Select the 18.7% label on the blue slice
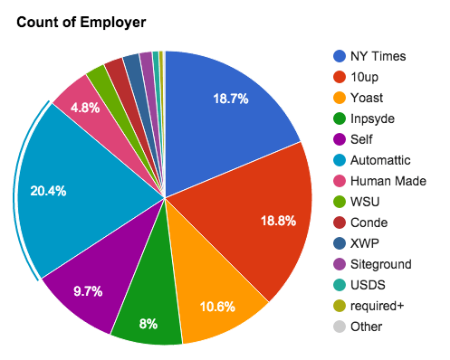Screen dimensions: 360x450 231,99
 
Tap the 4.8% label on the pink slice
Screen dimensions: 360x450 86,108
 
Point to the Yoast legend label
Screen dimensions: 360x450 367,98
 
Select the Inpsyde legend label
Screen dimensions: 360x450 372,118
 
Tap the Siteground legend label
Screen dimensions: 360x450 383,264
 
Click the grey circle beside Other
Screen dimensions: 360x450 339,327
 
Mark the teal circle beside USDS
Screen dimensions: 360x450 339,285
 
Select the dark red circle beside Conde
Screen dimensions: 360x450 339,223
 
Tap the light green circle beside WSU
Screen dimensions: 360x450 339,202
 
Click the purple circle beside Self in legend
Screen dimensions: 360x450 339,139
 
